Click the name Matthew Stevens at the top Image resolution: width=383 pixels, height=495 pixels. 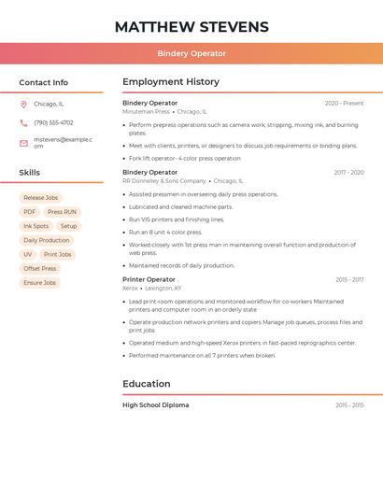click(191, 27)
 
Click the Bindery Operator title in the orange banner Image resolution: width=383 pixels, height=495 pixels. click(191, 53)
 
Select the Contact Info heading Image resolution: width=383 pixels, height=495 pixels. click(44, 82)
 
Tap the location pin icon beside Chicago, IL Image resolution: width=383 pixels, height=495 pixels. click(23, 105)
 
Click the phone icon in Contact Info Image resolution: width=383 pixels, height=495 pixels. click(23, 123)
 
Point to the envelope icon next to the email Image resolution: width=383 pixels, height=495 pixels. click(23, 143)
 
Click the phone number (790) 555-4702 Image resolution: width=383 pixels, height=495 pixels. click(53, 123)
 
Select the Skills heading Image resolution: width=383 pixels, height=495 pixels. click(30, 173)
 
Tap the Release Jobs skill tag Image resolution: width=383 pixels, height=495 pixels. click(40, 198)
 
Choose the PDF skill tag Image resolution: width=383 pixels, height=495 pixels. click(30, 212)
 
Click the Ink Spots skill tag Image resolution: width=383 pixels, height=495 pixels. click(35, 226)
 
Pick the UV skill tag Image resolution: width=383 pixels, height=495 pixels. click(27, 254)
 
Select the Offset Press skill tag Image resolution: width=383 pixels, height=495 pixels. click(40, 268)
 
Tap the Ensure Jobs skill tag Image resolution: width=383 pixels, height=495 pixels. click(40, 282)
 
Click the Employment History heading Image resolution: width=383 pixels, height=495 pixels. click(171, 82)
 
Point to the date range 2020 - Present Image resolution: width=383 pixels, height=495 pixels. click(344, 104)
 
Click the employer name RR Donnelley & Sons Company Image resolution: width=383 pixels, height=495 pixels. click(164, 181)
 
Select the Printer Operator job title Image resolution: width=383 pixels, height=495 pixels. click(149, 279)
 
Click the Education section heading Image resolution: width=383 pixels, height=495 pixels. click(147, 384)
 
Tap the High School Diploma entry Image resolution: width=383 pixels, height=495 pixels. click(155, 405)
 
